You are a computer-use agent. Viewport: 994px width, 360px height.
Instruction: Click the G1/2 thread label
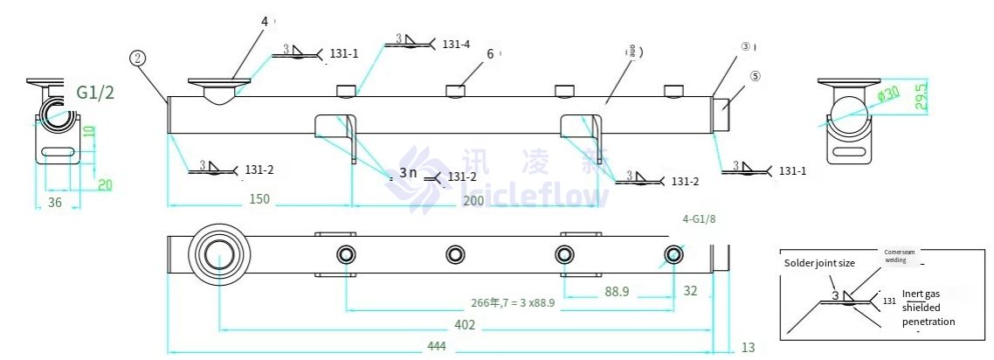tap(95, 93)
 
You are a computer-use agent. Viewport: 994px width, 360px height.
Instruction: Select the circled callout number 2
tap(137, 59)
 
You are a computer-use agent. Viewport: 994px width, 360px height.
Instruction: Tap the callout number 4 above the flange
tap(266, 20)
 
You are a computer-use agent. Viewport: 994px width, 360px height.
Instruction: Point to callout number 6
tap(490, 53)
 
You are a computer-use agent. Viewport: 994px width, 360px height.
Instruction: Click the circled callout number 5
tap(755, 76)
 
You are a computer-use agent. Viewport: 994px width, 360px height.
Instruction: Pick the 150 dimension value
tap(259, 199)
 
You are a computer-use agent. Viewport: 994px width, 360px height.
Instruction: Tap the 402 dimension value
tap(465, 325)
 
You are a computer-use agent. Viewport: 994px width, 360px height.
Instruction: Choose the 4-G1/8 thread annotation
tap(704, 220)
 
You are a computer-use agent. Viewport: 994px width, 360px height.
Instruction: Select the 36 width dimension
tap(53, 202)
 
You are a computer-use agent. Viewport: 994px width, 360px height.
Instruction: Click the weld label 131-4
tap(456, 44)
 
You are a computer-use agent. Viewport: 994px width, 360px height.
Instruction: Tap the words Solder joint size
tap(819, 263)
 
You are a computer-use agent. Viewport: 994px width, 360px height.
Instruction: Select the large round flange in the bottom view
tap(218, 254)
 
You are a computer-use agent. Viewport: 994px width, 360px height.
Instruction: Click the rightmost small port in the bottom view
tap(673, 254)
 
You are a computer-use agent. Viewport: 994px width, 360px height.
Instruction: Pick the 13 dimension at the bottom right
tap(748, 348)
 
